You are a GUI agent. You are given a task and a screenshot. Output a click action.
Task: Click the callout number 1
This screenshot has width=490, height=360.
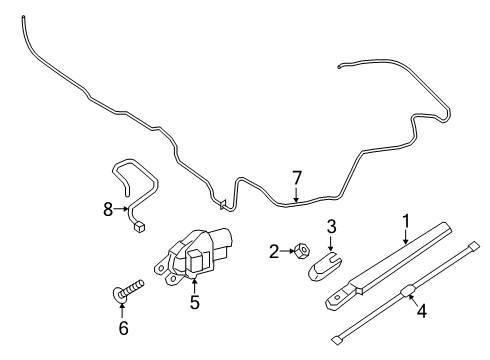406,220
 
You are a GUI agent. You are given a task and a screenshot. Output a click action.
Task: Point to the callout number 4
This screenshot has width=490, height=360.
421,311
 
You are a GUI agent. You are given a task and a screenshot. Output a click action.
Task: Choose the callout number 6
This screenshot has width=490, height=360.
123,326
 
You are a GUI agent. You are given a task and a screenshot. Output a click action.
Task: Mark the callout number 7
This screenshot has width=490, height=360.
296,179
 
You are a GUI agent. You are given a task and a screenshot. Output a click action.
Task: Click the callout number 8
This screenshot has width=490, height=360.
108,210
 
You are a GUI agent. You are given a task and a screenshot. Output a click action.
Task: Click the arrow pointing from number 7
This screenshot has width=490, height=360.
296,194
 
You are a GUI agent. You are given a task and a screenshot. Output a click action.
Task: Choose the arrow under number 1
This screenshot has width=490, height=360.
406,236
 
